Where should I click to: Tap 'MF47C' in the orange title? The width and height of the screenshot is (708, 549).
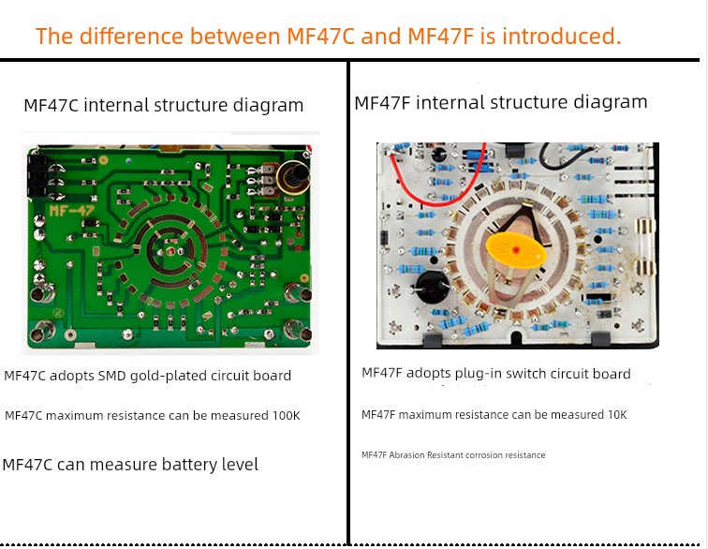[x=320, y=37]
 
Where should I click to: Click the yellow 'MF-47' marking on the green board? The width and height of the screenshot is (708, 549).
[x=71, y=210]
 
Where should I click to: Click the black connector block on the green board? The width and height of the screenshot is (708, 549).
[x=37, y=175]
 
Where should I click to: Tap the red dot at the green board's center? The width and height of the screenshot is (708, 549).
[x=170, y=251]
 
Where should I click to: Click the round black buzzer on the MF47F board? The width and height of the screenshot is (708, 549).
[x=431, y=287]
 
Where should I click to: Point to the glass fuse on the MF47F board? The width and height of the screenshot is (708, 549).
[x=644, y=246]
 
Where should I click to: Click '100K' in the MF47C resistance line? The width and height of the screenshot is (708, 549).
[x=286, y=415]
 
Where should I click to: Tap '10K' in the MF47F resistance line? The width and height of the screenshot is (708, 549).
[x=617, y=414]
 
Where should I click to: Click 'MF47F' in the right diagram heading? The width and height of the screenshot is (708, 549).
[x=382, y=102]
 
